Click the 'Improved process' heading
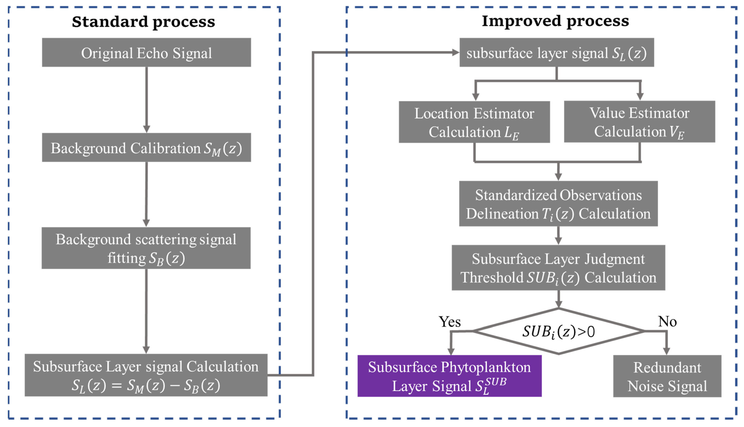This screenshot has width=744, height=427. point(555,21)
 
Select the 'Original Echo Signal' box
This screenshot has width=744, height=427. point(146,52)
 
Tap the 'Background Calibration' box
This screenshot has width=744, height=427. point(146,148)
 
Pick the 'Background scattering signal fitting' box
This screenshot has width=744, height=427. point(146,248)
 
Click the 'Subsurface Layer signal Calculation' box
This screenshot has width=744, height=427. point(146,375)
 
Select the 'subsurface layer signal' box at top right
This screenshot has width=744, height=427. point(556,52)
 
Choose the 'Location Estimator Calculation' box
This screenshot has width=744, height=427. point(474,122)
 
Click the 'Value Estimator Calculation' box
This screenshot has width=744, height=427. point(639,122)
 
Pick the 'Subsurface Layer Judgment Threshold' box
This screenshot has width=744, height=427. point(558,268)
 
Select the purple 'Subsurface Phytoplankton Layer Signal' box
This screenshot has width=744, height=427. point(449,376)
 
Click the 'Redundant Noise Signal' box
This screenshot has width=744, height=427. point(667,376)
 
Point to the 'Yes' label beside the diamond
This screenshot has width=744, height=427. point(449,322)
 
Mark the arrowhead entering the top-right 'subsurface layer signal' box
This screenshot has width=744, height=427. point(455,52)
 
